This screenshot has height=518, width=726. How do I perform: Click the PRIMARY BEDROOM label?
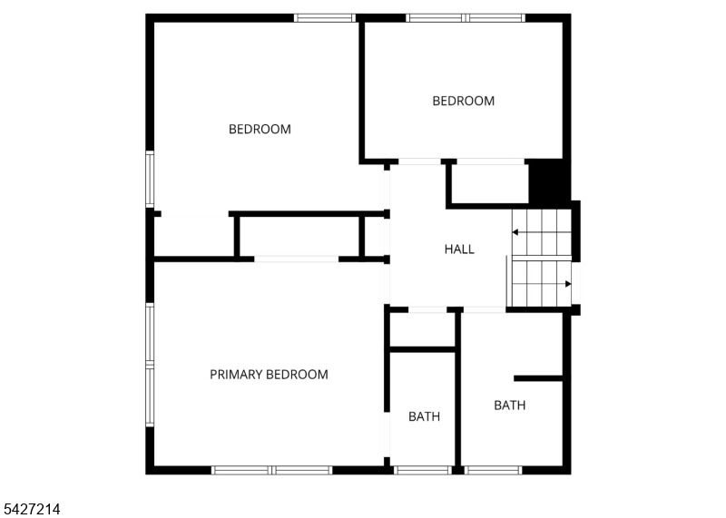269,374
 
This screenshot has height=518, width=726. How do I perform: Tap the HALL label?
459,249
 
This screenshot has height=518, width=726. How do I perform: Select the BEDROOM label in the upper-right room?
464,101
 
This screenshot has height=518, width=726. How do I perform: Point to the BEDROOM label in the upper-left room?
260,129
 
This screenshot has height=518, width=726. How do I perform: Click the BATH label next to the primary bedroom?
424,416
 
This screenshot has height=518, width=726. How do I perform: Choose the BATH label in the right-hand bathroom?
510,406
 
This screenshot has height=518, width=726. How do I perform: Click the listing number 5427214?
30,509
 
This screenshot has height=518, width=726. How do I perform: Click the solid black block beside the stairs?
550,182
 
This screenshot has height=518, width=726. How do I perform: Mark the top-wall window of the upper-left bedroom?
325,18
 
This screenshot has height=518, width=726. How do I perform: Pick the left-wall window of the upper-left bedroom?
150,179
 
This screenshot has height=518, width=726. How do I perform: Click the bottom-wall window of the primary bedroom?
271,470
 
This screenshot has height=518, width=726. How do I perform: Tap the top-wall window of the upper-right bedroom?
466,18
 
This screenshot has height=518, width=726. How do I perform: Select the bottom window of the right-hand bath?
493,470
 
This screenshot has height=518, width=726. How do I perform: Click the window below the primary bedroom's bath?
423,470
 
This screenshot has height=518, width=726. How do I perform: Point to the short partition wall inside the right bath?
538,378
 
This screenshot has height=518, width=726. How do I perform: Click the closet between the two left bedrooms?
299,236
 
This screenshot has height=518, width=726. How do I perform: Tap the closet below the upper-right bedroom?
490,183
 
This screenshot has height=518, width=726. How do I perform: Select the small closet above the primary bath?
422,329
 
